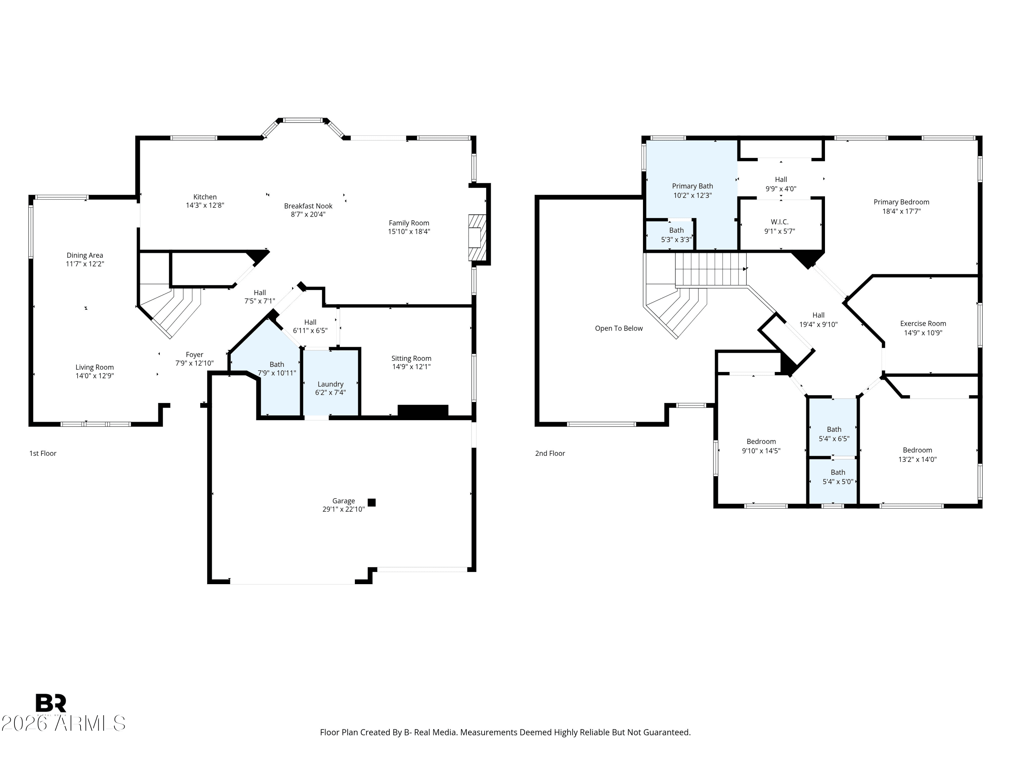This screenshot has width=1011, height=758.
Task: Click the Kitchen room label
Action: (205, 197)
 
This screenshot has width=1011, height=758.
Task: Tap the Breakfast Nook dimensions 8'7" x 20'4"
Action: (308, 214)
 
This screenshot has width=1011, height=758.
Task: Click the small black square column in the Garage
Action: (372, 503)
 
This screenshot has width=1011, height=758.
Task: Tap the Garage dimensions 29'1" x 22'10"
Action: (343, 509)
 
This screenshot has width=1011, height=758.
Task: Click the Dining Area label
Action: (85, 255)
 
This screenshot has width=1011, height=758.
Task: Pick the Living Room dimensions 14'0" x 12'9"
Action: (95, 376)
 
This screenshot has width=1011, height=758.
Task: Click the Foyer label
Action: (194, 354)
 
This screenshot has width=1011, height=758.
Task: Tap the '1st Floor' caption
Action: (42, 453)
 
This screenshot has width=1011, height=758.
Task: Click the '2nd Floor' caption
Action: (550, 453)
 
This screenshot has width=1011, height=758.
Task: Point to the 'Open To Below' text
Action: (618, 328)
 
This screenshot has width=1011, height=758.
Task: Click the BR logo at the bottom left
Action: (51, 703)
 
